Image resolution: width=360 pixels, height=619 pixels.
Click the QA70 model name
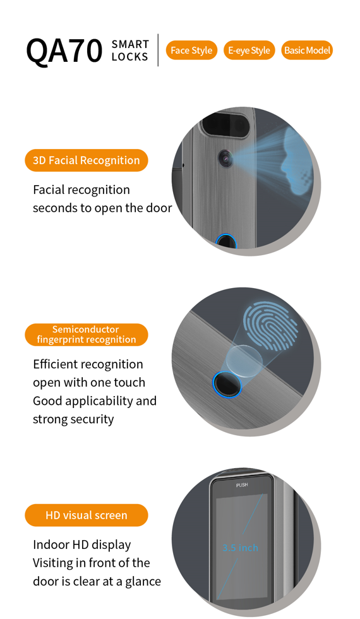(x=64, y=51)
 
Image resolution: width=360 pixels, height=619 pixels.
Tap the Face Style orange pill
(x=191, y=50)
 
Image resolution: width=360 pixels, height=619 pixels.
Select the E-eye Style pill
(x=249, y=50)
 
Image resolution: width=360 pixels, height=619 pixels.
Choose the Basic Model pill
(x=307, y=50)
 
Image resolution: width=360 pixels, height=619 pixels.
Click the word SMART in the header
(x=130, y=44)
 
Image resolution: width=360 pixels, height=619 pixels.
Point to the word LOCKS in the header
(x=130, y=57)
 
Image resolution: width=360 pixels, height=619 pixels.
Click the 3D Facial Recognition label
(x=87, y=160)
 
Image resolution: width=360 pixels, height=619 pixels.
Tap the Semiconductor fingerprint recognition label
(x=87, y=335)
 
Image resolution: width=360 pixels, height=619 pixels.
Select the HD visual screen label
(x=87, y=515)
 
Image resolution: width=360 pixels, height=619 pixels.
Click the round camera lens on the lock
(x=225, y=159)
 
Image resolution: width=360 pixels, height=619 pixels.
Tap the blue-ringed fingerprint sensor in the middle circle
(x=227, y=384)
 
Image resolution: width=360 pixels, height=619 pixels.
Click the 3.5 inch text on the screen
(x=241, y=548)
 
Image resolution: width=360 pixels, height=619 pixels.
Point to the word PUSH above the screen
(x=242, y=485)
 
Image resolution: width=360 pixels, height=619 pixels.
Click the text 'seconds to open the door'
(x=102, y=208)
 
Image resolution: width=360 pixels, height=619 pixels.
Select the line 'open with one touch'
(x=89, y=383)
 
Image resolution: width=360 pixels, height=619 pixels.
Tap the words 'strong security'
(x=73, y=419)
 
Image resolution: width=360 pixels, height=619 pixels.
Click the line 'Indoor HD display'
(x=81, y=544)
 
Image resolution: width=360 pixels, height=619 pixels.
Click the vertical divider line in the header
(x=158, y=50)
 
